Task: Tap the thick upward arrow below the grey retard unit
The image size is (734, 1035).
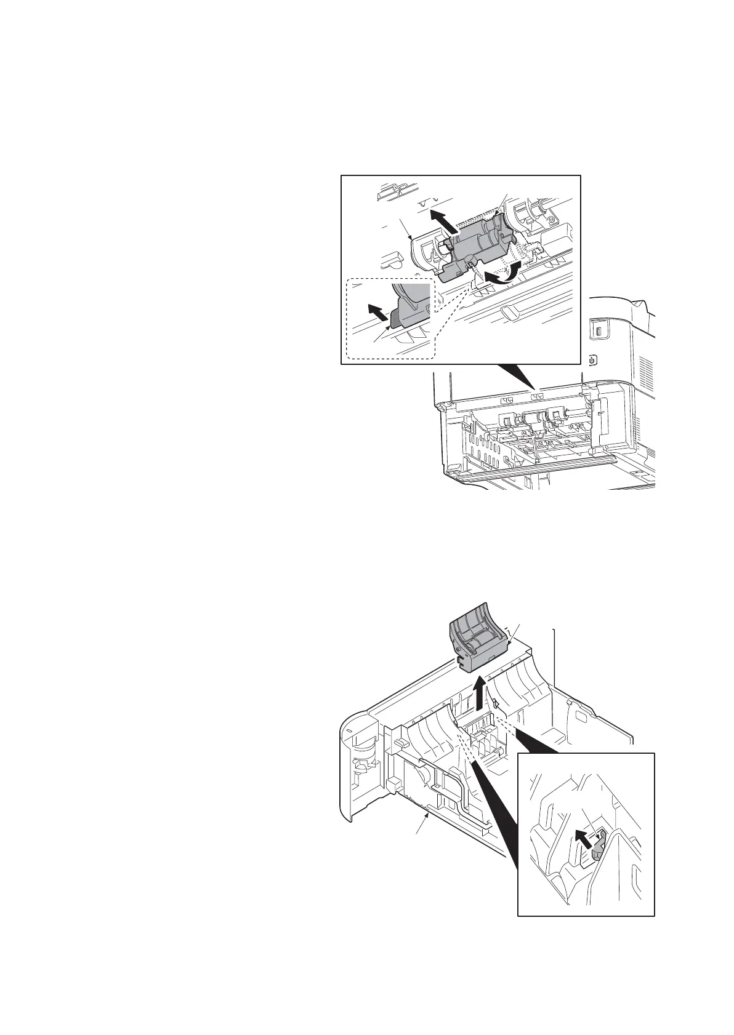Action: tap(481, 694)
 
